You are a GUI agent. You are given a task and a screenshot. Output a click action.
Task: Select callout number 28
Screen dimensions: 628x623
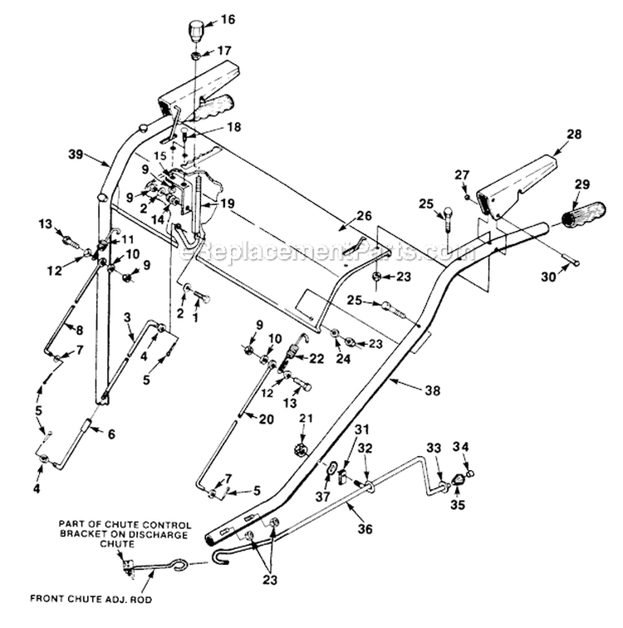click(x=573, y=134)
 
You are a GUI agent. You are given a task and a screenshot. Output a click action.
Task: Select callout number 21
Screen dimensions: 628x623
click(x=304, y=418)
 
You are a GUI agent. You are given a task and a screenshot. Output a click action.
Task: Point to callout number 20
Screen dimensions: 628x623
click(x=266, y=419)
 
